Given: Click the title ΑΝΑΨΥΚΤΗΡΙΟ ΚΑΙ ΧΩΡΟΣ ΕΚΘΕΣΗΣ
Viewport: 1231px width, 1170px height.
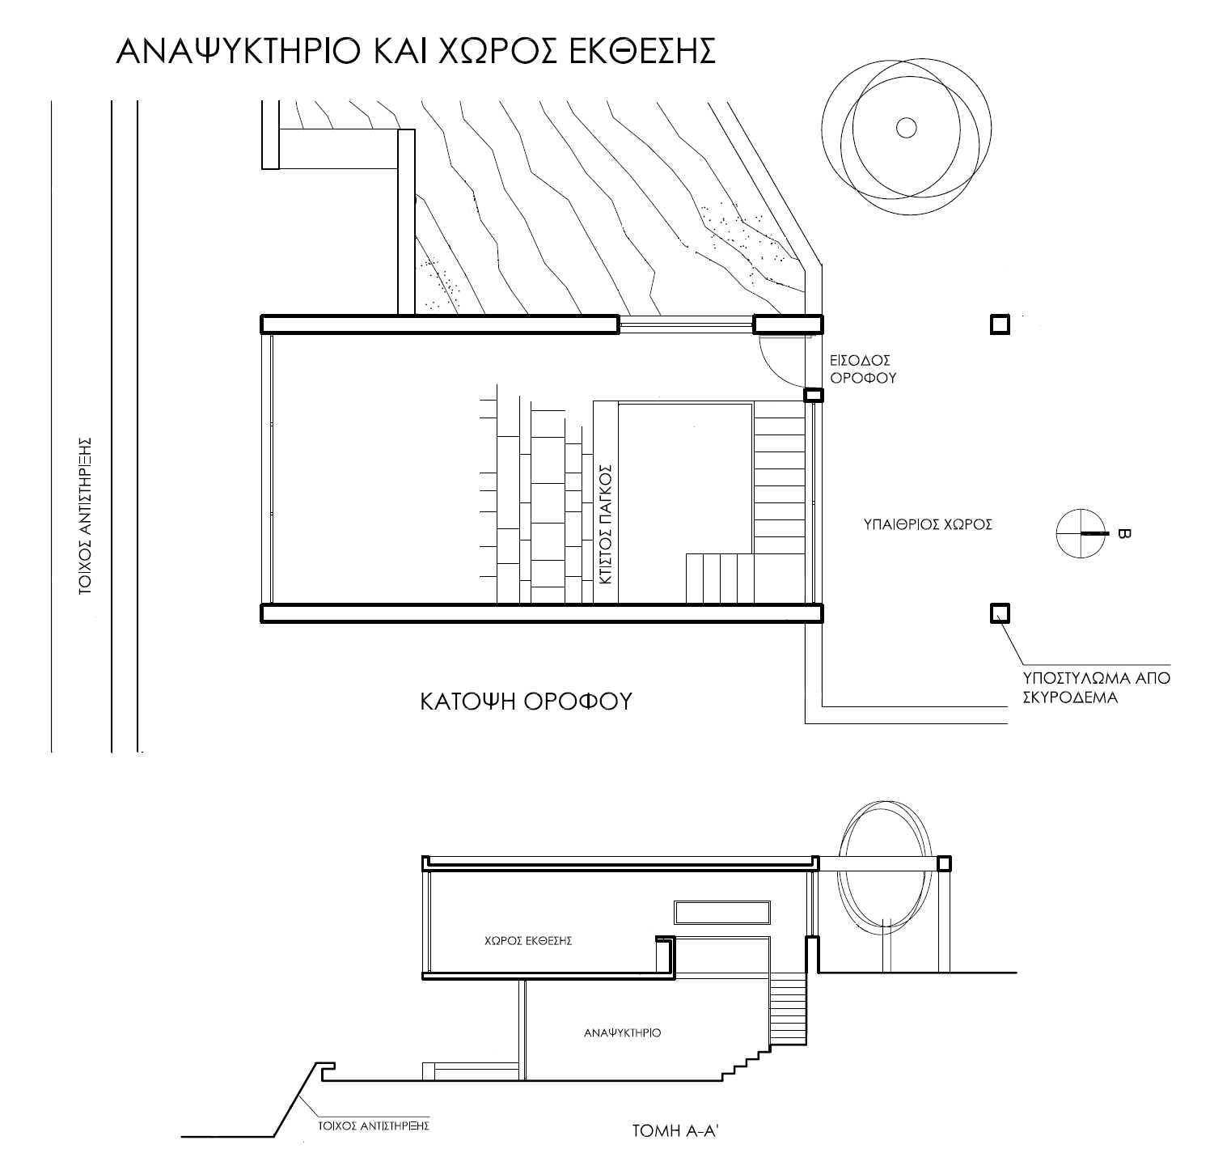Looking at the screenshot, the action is tap(417, 50).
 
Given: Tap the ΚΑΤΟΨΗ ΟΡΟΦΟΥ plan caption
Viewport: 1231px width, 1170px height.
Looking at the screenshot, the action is tap(526, 701).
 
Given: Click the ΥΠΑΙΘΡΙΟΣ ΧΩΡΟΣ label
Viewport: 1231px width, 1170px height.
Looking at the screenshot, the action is tap(927, 524).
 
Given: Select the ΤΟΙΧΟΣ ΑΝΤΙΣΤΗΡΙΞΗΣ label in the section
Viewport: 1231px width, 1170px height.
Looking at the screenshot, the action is tap(372, 1125).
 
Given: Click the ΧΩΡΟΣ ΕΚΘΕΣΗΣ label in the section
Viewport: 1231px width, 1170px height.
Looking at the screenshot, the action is tap(527, 941).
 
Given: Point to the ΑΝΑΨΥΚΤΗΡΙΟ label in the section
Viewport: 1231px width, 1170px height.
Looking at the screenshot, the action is tap(623, 1033).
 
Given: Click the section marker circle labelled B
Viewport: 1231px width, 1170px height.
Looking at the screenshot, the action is tap(1081, 533).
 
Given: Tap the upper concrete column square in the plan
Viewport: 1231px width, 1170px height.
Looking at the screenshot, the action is tap(1000, 324).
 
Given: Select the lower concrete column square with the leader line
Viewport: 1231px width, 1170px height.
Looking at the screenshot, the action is tap(1000, 613).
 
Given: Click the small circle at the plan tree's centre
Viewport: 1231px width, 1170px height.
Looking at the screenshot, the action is tap(906, 128).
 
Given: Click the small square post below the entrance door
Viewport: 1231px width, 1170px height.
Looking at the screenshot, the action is tap(813, 395).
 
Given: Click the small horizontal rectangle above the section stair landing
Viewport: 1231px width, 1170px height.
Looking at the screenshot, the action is tap(721, 912).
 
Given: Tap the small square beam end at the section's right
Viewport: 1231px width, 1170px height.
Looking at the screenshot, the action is tap(944, 863).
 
